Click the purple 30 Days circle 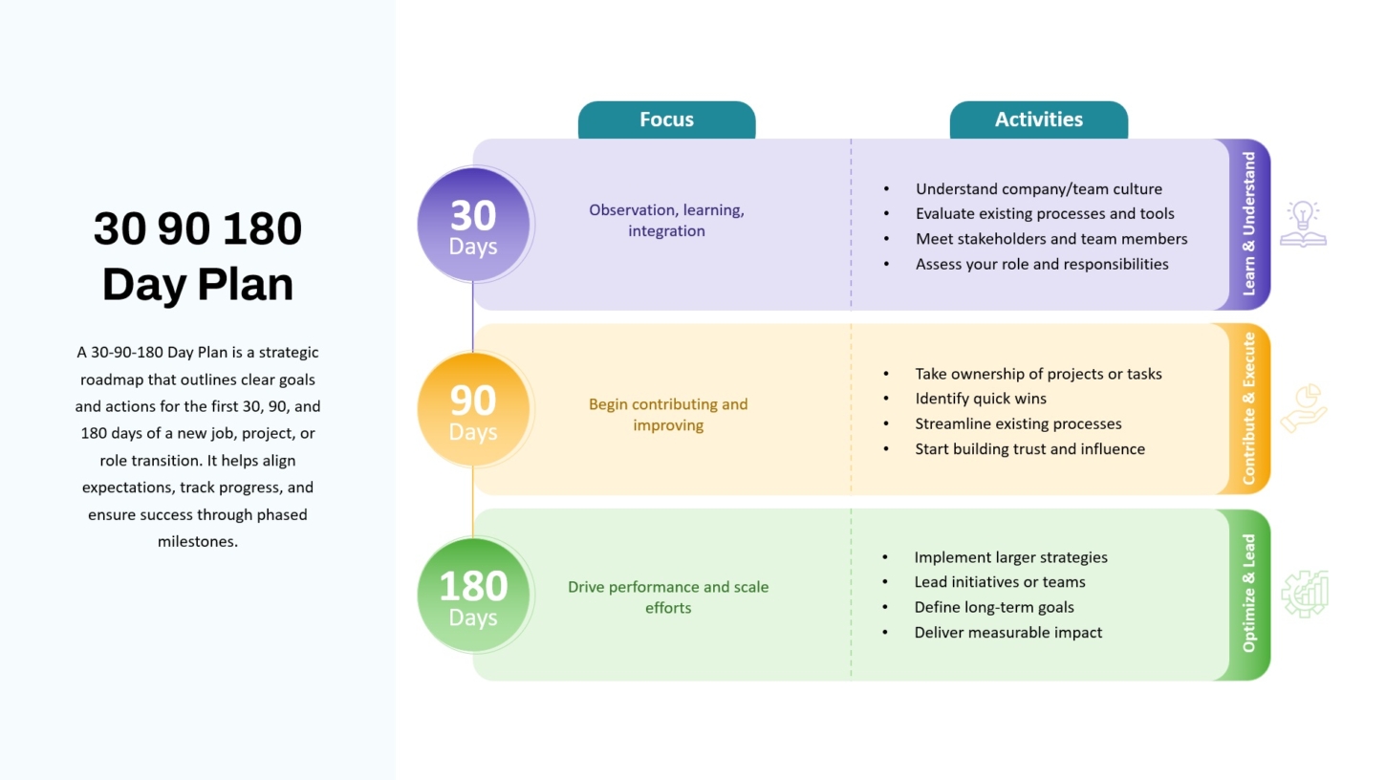pos(473,224)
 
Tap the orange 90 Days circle pos(473,409)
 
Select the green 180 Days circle pos(473,595)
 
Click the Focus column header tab pos(666,120)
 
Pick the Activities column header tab pos(1039,120)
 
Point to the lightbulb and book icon pos(1303,224)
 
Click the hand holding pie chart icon pos(1304,408)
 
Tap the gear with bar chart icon pos(1305,594)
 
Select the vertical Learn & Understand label pos(1248,224)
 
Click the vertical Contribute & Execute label pos(1248,409)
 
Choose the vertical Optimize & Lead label pos(1248,594)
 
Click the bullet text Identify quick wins pos(981,399)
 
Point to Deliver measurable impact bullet pos(1007,632)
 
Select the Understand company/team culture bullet pos(1039,188)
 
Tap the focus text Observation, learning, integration pos(666,220)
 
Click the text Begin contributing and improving pos(668,415)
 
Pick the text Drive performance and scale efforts pos(668,596)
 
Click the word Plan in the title pos(246,285)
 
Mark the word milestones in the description pos(197,541)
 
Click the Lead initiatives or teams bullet pos(999,582)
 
